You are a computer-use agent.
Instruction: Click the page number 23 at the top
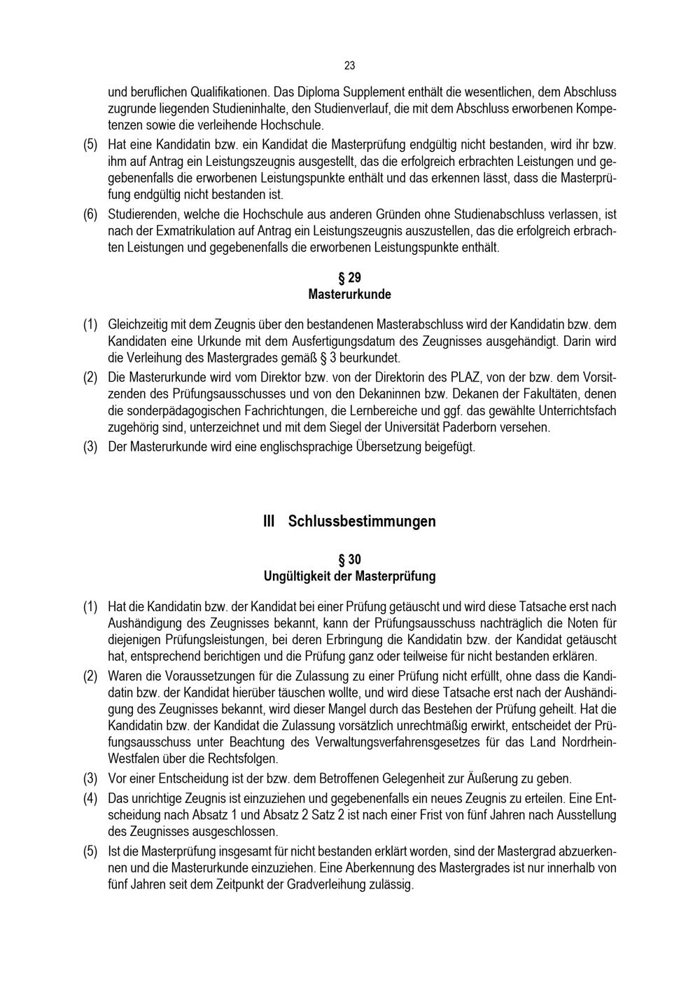coord(349,66)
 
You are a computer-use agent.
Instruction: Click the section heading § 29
coord(349,278)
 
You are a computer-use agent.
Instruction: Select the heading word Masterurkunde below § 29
coord(349,295)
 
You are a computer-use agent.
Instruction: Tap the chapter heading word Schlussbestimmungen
coord(362,522)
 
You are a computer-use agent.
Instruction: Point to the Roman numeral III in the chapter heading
coord(269,522)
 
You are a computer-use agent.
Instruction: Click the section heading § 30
coord(349,559)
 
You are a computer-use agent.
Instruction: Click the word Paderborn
coord(477,427)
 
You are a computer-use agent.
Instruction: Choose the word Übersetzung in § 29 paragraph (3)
coord(390,447)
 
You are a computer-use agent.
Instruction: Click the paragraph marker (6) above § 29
coord(90,214)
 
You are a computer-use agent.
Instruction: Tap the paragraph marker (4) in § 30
coord(90,798)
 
